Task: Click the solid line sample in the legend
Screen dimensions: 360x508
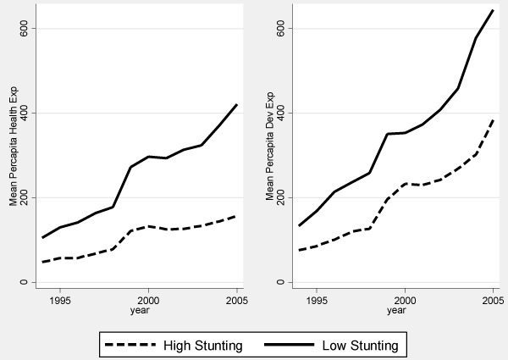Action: [287, 345]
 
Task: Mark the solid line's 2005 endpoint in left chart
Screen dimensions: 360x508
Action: [237, 104]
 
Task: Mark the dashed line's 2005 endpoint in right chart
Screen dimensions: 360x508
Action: [493, 119]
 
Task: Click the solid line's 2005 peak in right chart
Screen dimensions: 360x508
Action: [493, 10]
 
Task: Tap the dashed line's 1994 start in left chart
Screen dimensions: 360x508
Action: [42, 262]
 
